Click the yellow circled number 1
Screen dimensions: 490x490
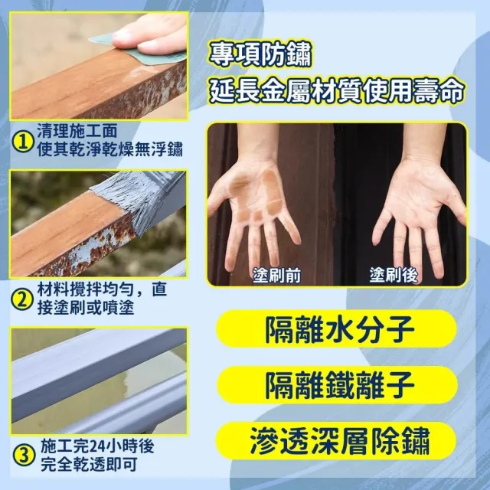23,142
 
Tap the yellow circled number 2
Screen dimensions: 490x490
22,299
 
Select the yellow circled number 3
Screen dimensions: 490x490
24,456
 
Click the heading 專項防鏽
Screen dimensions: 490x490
260,55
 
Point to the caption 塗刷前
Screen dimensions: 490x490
276,275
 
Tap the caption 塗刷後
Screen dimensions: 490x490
394,275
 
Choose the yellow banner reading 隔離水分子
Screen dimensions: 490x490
337,328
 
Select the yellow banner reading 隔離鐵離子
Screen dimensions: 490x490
338,385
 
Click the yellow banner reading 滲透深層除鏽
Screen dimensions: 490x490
337,441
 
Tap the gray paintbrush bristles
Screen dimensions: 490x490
125,200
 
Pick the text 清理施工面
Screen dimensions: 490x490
77,131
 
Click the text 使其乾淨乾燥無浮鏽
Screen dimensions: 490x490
110,149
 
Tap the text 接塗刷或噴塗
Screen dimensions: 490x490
86,308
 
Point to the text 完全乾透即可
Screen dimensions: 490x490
89,465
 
